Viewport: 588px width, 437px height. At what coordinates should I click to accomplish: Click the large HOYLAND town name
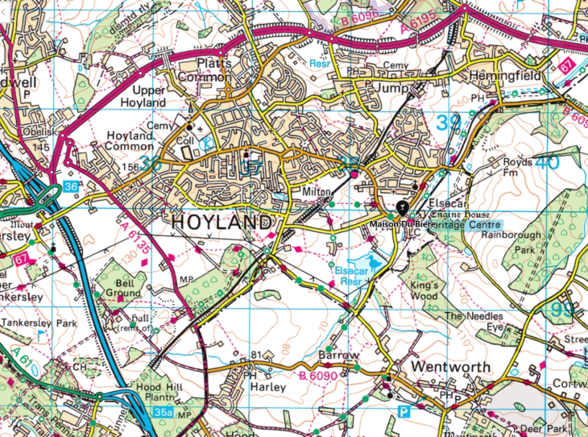pos(220,221)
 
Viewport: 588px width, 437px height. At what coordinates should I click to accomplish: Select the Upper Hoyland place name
pos(143,96)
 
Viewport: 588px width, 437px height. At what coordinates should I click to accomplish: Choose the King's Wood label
pos(424,290)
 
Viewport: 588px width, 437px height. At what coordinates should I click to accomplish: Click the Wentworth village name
pos(450,367)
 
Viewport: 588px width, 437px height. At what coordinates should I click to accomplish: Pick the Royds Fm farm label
pos(516,167)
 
